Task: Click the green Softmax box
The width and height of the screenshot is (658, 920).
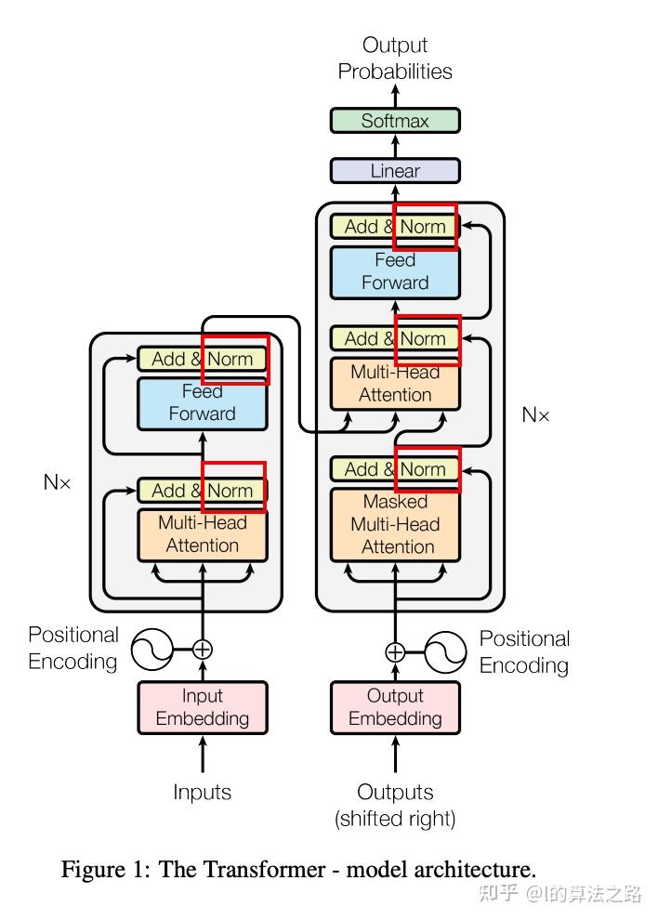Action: pos(395,121)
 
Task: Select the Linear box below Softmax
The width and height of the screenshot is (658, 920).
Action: pos(395,171)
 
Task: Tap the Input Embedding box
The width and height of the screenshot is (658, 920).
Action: pos(203,707)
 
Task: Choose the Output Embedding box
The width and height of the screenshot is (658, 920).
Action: pos(395,707)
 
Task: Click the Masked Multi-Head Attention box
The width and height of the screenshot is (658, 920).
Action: pos(395,524)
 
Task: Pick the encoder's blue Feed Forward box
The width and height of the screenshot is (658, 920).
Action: pos(203,403)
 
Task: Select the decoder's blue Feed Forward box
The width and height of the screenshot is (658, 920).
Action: pos(395,271)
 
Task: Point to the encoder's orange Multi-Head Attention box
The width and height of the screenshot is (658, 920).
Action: pos(203,534)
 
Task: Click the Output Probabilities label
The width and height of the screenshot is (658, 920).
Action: pos(395,58)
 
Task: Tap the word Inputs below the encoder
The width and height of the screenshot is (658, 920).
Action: pos(202,793)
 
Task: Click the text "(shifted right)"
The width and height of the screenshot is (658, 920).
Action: pos(395,819)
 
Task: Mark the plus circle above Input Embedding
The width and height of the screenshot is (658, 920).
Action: pos(203,650)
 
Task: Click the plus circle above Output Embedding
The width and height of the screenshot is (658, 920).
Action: pos(395,651)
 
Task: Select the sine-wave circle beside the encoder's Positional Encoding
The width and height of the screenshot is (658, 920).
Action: pos(152,650)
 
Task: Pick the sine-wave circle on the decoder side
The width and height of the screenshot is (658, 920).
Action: pos(446,651)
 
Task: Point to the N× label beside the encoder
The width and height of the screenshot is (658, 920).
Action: pos(57,483)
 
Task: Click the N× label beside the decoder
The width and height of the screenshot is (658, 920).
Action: pos(535,415)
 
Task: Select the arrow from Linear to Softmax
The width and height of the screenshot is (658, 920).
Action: pos(395,146)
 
